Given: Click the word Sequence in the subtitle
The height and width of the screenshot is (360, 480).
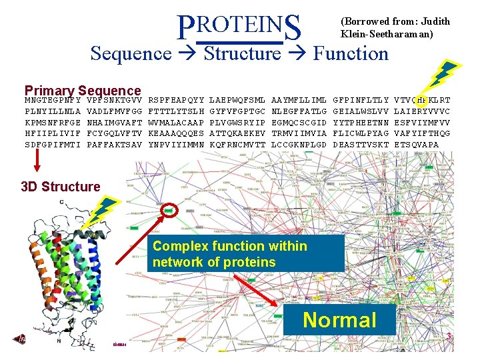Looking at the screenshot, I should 131,53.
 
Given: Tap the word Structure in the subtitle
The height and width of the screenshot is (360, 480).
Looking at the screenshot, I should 243,53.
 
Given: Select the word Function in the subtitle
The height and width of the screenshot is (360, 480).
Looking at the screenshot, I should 351,53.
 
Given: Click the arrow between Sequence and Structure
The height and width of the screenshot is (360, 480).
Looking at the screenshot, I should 188,53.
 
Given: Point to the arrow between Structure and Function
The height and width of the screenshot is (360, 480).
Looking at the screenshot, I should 297,53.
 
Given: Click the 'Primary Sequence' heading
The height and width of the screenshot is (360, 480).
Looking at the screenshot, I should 83,91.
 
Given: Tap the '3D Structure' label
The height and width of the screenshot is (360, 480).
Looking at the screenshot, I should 61,187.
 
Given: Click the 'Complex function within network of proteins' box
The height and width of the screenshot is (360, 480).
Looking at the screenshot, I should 247,254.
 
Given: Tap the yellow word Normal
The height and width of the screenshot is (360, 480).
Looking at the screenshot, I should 339,320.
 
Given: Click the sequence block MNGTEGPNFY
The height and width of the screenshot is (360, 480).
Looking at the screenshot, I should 53,100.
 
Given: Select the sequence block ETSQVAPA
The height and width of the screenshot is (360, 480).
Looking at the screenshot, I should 417,144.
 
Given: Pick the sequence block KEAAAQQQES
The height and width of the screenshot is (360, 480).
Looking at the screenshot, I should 176,133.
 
